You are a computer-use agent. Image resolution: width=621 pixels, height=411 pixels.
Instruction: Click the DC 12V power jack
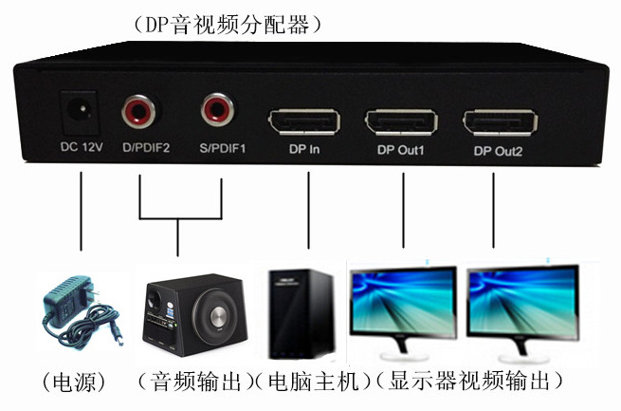pyautogui.click(x=81, y=112)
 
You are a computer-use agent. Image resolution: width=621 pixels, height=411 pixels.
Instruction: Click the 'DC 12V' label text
pyautogui.click(x=81, y=148)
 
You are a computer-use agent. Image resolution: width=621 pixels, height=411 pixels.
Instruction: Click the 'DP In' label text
pyautogui.click(x=303, y=150)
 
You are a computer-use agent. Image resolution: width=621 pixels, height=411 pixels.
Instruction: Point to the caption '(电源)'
pyautogui.click(x=73, y=383)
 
